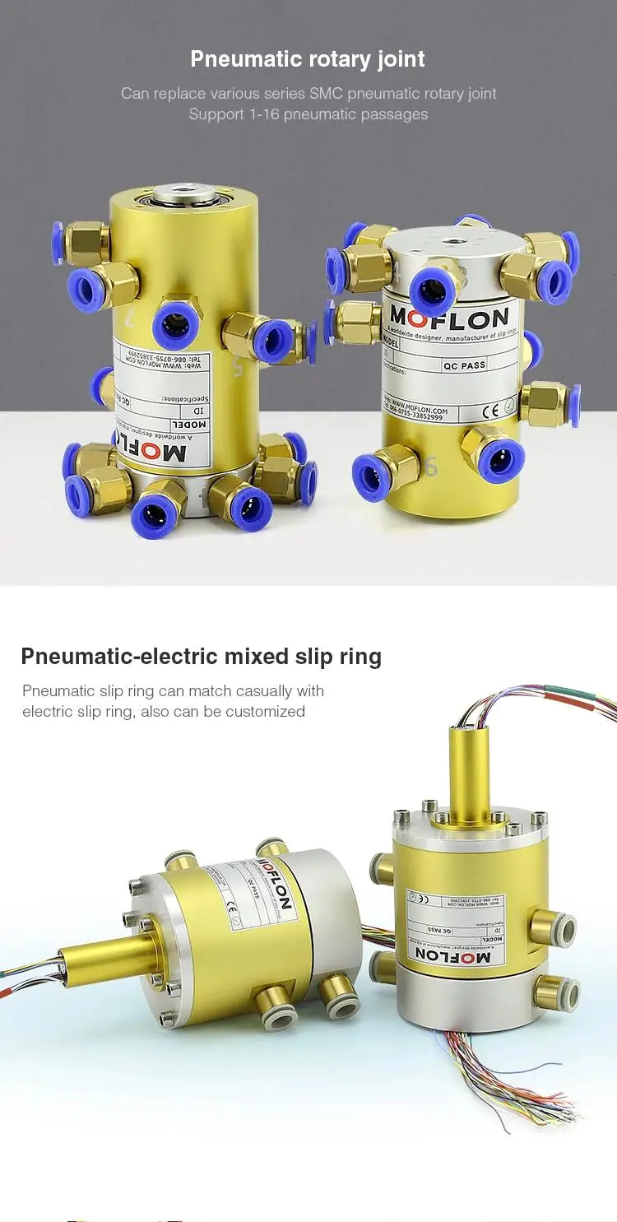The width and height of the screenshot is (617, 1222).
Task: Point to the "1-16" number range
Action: [x=264, y=114]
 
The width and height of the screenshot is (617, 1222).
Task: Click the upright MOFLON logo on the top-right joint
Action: [x=448, y=316]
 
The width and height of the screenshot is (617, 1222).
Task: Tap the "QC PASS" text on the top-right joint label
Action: [x=464, y=365]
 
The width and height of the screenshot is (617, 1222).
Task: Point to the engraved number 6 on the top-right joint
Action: [x=431, y=467]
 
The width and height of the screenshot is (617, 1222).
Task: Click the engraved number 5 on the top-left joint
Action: [x=239, y=366]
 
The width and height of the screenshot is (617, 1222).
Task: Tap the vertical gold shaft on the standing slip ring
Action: [x=465, y=766]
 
